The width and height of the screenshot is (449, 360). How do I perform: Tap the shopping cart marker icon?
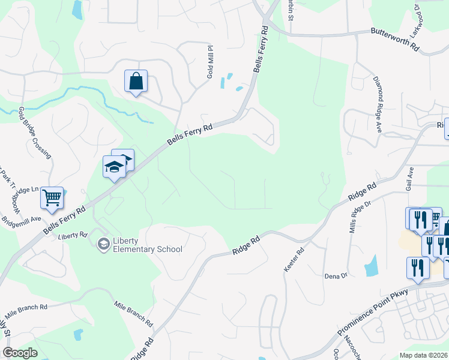pos(52,197)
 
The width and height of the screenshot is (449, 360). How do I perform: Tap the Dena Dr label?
pos(336,276)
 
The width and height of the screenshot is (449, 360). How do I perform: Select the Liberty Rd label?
pos(73,235)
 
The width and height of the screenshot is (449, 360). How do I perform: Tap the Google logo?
pos(20,353)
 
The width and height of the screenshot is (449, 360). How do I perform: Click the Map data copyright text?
pos(423,355)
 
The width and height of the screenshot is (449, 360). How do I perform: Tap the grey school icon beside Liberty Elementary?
pos(103,244)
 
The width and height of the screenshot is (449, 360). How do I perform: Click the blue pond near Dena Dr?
pos(371,265)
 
